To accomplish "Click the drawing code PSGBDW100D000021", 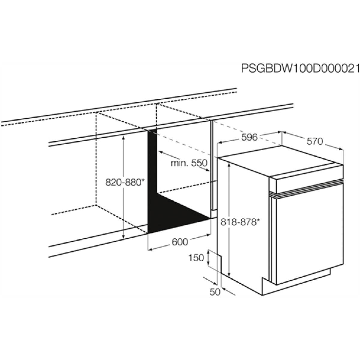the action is [300, 69].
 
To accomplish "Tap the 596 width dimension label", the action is [249, 137].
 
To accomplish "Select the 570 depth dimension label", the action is [315, 141].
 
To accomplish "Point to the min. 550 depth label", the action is [189, 163].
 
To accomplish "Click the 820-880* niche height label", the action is [125, 182].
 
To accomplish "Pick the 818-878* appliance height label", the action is [240, 222].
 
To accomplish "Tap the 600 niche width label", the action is [180, 242].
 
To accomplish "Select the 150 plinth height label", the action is [196, 258].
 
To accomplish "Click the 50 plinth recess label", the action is [215, 292].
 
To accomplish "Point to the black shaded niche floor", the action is [179, 215].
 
